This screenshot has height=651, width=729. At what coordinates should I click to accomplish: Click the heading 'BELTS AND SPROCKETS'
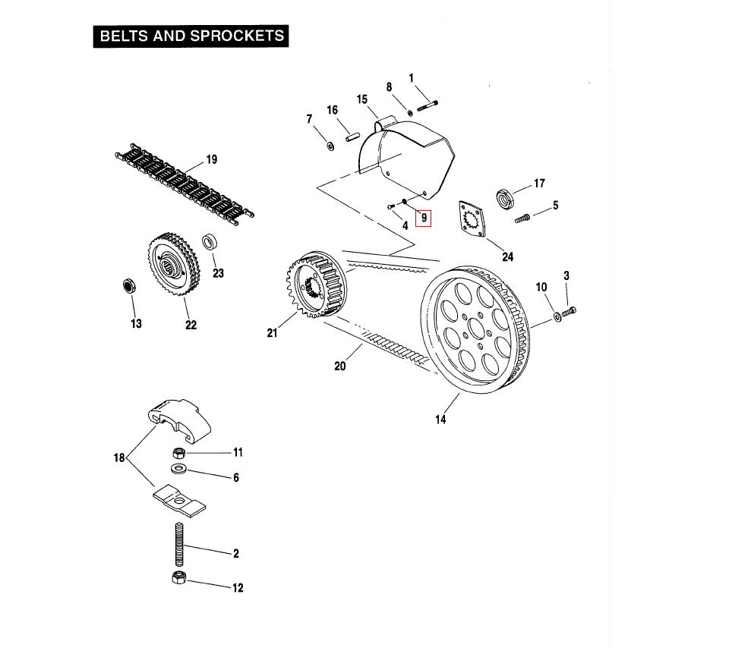pyautogui.click(x=191, y=36)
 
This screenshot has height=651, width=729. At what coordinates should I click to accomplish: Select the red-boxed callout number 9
pyautogui.click(x=424, y=218)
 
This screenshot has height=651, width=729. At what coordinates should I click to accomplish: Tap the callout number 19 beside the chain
pyautogui.click(x=211, y=159)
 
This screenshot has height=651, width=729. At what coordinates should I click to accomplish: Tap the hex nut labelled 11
pyautogui.click(x=180, y=452)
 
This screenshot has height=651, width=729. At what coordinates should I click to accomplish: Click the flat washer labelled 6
pyautogui.click(x=179, y=470)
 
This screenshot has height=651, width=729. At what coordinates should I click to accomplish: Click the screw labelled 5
pyautogui.click(x=522, y=219)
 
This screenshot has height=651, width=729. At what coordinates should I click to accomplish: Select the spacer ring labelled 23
pyautogui.click(x=210, y=243)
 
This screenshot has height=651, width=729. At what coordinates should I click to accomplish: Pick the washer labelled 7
pyautogui.click(x=330, y=144)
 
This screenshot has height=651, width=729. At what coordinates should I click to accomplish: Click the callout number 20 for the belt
pyautogui.click(x=340, y=366)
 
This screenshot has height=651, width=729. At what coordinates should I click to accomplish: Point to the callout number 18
pyautogui.click(x=119, y=458)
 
